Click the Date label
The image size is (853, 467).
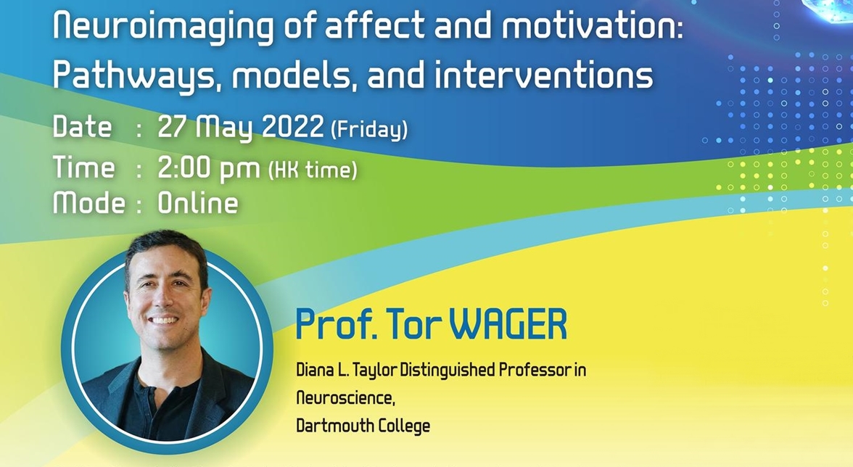(82, 127)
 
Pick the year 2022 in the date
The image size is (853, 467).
(293, 127)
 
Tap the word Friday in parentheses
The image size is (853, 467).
(369, 129)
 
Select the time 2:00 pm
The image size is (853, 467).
(209, 168)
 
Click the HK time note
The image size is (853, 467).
(313, 170)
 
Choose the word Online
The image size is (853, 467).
(198, 203)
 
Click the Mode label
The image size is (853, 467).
(89, 203)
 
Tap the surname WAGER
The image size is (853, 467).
(508, 325)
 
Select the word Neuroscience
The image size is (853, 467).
(345, 399)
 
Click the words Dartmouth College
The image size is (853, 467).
(363, 426)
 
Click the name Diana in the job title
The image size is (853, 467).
(311, 371)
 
